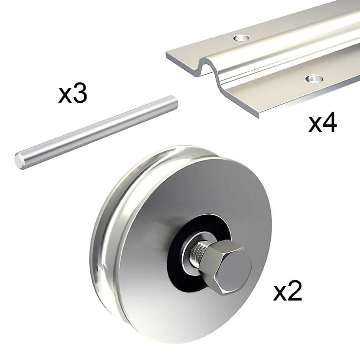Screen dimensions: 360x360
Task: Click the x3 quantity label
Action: [x=73, y=94]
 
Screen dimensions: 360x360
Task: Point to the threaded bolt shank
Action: [x=198, y=252]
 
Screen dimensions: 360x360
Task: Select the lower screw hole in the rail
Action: [x=314, y=79]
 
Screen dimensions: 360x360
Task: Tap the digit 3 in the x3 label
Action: [x=80, y=94]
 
